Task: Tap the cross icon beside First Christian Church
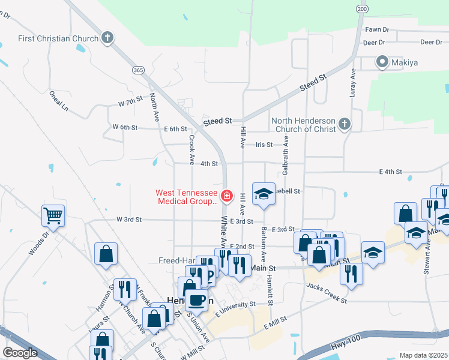pyautogui.click(x=107, y=38)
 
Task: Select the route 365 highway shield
pyautogui.click(x=139, y=70)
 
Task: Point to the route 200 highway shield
pyautogui.click(x=361, y=9)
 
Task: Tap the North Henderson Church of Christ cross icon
pyautogui.click(x=344, y=124)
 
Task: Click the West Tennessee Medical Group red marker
pyautogui.click(x=227, y=196)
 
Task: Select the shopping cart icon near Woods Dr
pyautogui.click(x=53, y=214)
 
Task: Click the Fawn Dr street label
pyautogui.click(x=377, y=29)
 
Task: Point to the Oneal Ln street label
pyautogui.click(x=59, y=100)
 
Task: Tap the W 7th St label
pyautogui.click(x=130, y=98)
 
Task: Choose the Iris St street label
pyautogui.click(x=264, y=145)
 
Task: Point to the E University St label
pyautogui.click(x=236, y=313)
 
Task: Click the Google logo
pyautogui.click(x=20, y=353)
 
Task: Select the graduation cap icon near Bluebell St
pyautogui.click(x=264, y=194)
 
